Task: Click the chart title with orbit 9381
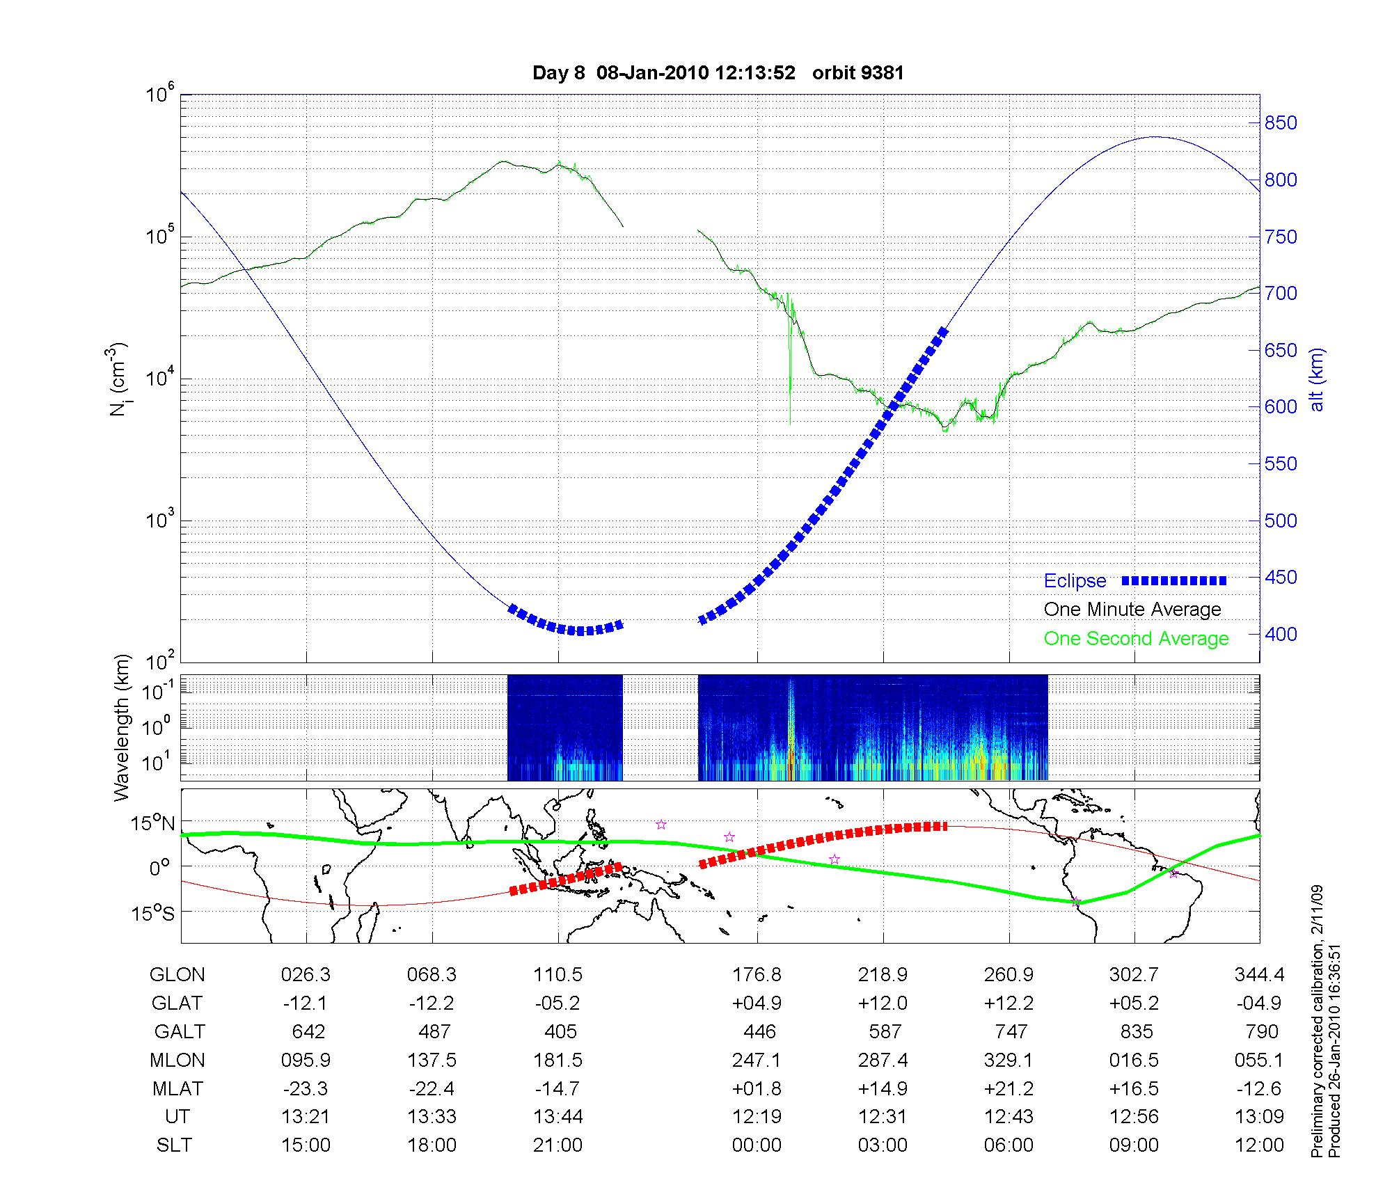718,73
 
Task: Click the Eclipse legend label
1075,581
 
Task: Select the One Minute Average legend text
1132,610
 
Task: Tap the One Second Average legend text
1136,639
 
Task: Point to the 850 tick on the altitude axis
1281,123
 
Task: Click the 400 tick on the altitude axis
1281,634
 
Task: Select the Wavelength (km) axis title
122,727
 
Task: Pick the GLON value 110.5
559,974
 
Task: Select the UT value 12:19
757,1116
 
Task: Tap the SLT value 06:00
1009,1145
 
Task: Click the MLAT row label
177,1088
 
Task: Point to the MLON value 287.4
883,1060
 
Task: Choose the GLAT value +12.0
883,1003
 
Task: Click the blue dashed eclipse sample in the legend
1174,581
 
